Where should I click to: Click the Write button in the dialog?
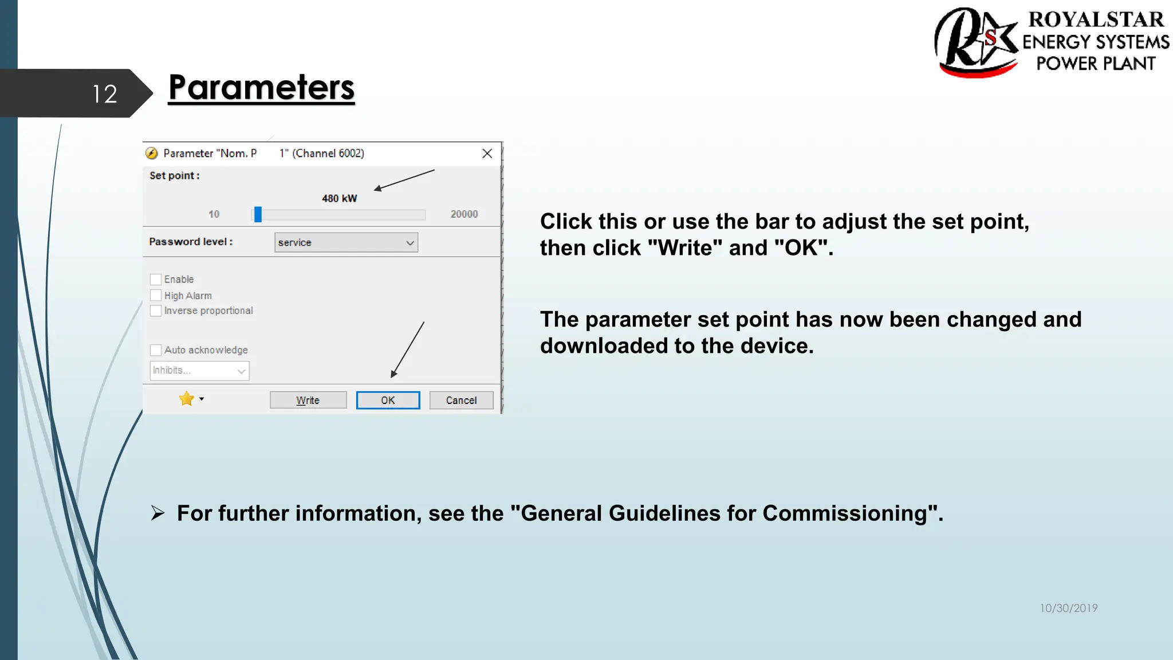pyautogui.click(x=308, y=400)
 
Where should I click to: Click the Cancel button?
pyautogui.click(x=461, y=400)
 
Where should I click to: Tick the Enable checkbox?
pyautogui.click(x=156, y=280)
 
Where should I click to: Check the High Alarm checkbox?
pyautogui.click(x=156, y=296)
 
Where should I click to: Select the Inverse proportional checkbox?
pyautogui.click(x=156, y=311)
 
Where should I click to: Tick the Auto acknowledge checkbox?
pyautogui.click(x=156, y=350)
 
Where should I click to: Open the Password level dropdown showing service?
pyautogui.click(x=346, y=242)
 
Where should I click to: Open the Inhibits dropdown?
pyautogui.click(x=199, y=371)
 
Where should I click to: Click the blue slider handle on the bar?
pyautogui.click(x=258, y=214)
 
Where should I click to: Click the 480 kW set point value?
pyautogui.click(x=339, y=198)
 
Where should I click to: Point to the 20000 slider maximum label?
pyautogui.click(x=464, y=214)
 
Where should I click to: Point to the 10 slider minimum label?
pyautogui.click(x=214, y=214)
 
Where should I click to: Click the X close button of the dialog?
pyautogui.click(x=487, y=154)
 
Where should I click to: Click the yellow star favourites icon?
pyautogui.click(x=186, y=399)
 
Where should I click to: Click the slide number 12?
pyautogui.click(x=105, y=94)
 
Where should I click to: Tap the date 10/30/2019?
pyautogui.click(x=1069, y=608)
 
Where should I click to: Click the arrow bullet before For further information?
pyautogui.click(x=158, y=513)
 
